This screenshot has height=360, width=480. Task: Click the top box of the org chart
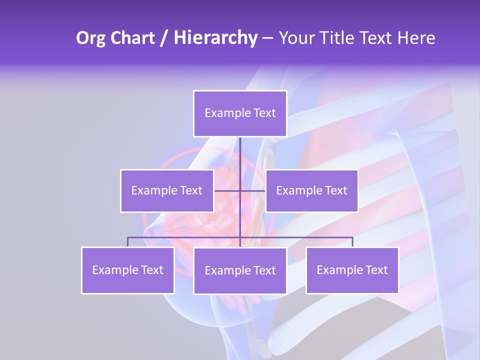(x=240, y=113)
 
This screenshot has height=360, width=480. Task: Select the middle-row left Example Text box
(x=167, y=190)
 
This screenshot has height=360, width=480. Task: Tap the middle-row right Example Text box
(x=311, y=190)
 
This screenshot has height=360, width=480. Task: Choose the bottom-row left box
(x=127, y=270)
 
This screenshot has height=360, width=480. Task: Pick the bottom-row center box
(x=240, y=270)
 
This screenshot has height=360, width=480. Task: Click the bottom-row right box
(x=352, y=270)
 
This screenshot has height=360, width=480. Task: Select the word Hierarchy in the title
(x=215, y=38)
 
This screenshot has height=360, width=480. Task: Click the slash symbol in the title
(x=164, y=38)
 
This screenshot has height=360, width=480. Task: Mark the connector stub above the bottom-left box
(x=127, y=242)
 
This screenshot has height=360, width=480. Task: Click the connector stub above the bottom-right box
(x=352, y=242)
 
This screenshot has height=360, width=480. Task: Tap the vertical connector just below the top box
(x=240, y=150)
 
